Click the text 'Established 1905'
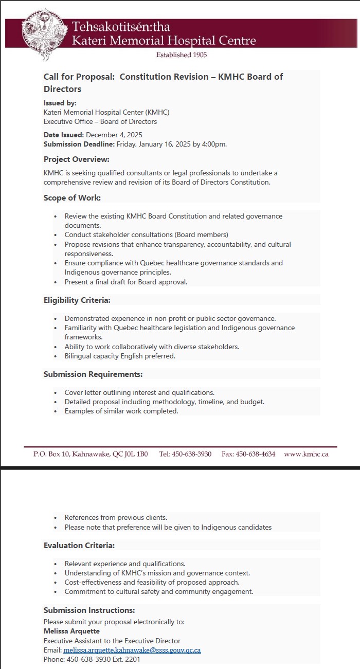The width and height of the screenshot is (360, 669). click(182, 55)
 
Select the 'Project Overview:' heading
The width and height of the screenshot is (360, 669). click(76, 159)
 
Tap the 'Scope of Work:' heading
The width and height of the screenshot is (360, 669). click(72, 197)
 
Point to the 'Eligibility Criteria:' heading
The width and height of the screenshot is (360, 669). click(77, 300)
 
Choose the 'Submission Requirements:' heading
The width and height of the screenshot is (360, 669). click(93, 374)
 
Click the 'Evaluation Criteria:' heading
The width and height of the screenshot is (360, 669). click(79, 545)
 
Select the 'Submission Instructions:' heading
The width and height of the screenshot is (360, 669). click(89, 610)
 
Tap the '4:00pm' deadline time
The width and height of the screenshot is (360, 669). click(214, 144)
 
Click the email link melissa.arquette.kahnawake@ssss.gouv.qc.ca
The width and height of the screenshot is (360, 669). click(132, 650)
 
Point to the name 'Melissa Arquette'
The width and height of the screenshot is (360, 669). click(71, 631)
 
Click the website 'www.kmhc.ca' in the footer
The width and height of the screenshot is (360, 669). click(306, 454)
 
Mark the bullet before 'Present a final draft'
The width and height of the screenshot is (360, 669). click(56, 282)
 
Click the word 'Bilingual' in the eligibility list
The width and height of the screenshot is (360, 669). click(79, 356)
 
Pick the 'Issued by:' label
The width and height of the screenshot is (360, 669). click(60, 103)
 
